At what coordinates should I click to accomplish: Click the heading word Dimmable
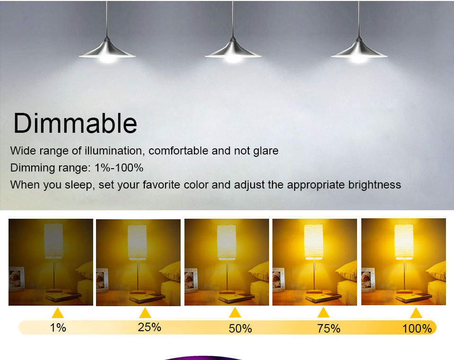coord(75,123)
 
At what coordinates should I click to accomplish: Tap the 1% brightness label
coord(58,327)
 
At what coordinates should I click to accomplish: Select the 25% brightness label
coord(149,327)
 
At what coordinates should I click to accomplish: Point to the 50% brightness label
coord(240,328)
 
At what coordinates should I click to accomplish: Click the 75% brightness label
coord(329,328)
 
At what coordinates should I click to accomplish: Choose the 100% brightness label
coord(417,328)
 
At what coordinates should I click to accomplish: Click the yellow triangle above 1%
coord(58,313)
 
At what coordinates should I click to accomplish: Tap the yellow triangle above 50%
coord(235,313)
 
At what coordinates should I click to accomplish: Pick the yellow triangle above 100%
coord(416,313)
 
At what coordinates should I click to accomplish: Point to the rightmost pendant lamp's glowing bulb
coord(359,59)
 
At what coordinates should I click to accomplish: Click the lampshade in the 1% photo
coord(53,241)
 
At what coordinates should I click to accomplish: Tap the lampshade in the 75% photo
coord(314,242)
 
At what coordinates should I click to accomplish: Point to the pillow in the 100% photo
coord(437,271)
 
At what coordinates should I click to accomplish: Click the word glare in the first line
coord(266,151)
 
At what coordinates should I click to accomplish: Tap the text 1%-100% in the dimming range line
coord(119,168)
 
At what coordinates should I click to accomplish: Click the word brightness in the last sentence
coord(375,185)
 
